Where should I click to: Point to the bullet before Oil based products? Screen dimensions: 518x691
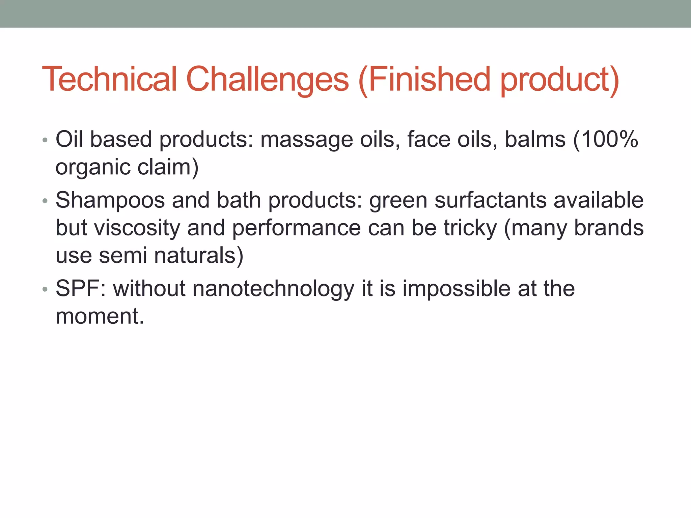tap(45, 140)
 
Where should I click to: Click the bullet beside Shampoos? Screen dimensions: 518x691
tap(45, 201)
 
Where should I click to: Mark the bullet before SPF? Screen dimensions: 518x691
tap(45, 289)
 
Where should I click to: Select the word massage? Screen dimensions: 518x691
tap(306, 140)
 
